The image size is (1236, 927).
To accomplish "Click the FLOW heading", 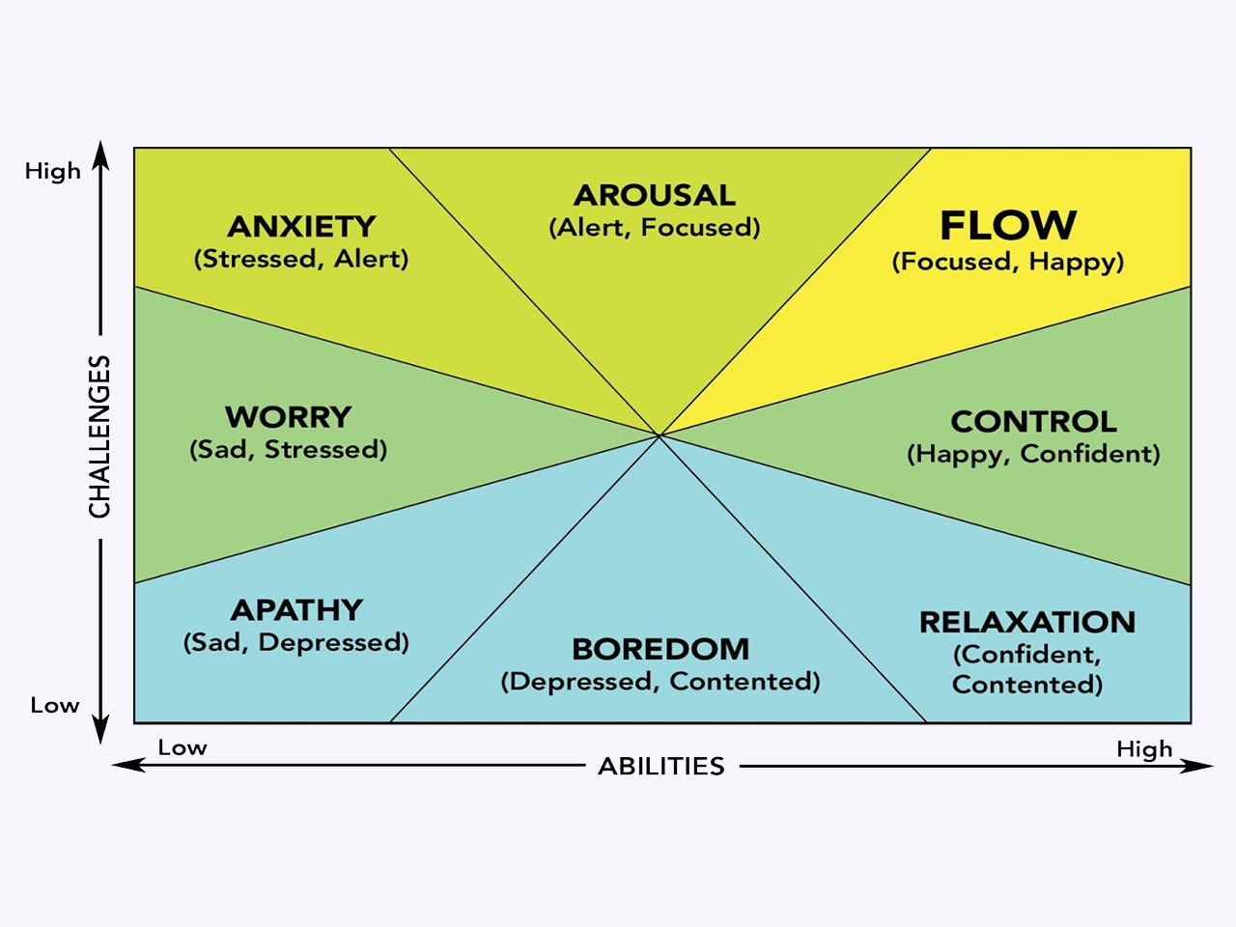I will [1008, 225].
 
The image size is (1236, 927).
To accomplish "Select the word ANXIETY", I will [301, 226].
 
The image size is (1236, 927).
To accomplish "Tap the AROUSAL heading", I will [655, 195].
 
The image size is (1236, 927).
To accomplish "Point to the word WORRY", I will [288, 417].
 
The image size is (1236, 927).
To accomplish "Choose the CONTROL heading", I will [1033, 422].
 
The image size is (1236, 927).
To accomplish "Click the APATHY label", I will [296, 610].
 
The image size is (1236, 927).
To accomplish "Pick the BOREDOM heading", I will [660, 649].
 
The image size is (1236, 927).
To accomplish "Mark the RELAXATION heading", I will [1027, 622].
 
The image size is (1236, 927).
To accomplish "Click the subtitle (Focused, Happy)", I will [1008, 262].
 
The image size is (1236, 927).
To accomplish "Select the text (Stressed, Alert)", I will [301, 259].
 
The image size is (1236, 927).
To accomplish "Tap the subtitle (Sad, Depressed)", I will [296, 643].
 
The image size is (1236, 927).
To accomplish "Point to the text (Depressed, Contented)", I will [660, 682].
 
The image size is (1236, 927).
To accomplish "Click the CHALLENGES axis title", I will [100, 436].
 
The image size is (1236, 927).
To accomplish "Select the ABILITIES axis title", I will [661, 767].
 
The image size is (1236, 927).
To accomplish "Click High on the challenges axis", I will [53, 172].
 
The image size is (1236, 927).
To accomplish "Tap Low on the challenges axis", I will [54, 706].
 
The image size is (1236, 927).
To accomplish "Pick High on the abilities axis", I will [1144, 749].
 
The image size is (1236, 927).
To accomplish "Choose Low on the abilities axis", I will [183, 748].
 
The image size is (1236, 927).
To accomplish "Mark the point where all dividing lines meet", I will [660, 436].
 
